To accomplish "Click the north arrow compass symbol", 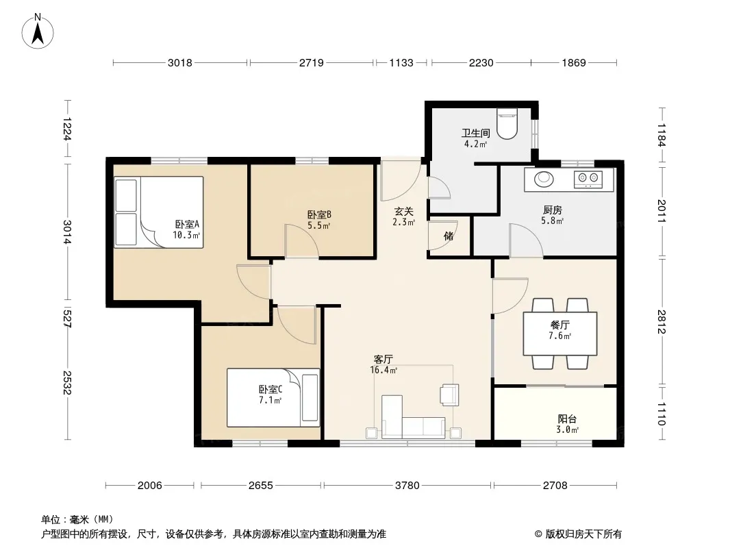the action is pyautogui.click(x=38, y=31).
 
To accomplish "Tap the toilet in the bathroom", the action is pyautogui.click(x=507, y=124).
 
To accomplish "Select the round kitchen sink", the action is pyautogui.click(x=542, y=179).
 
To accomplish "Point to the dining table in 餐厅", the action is pyautogui.click(x=560, y=334).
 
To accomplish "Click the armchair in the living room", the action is pyautogui.click(x=450, y=395).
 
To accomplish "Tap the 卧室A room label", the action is pyautogui.click(x=187, y=225).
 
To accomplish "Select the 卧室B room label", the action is pyautogui.click(x=319, y=214).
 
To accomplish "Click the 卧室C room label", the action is pyautogui.click(x=270, y=389).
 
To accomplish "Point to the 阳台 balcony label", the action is pyautogui.click(x=567, y=419).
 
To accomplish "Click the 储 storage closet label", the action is pyautogui.click(x=449, y=236).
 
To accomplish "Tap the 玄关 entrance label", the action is pyautogui.click(x=403, y=212).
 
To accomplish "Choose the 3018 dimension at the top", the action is pyautogui.click(x=179, y=62).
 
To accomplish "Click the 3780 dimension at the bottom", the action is pyautogui.click(x=407, y=486).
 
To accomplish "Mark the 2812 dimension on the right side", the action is pyautogui.click(x=662, y=322).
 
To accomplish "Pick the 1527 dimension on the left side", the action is pyautogui.click(x=68, y=318).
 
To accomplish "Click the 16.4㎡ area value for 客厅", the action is pyautogui.click(x=383, y=370).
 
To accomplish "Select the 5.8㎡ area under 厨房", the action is pyautogui.click(x=552, y=221).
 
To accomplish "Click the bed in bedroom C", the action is pyautogui.click(x=273, y=397).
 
